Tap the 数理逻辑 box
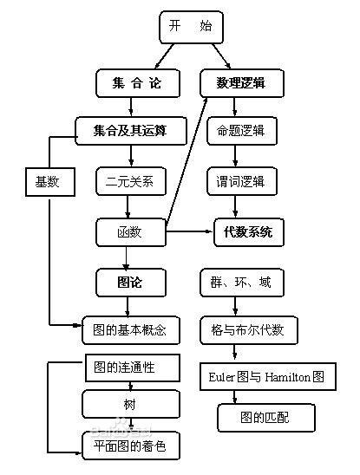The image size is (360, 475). [x=233, y=84]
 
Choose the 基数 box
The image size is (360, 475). [x=47, y=181]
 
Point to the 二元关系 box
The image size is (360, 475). [x=129, y=182]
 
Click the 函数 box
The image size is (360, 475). [x=129, y=231]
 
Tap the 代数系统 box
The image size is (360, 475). [x=247, y=231]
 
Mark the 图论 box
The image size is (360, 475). [x=129, y=282]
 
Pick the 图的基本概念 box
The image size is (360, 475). [x=129, y=330]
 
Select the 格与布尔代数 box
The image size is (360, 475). [x=247, y=330]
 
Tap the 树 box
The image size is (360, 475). [x=129, y=404]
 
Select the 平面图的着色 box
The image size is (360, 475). [x=129, y=446]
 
